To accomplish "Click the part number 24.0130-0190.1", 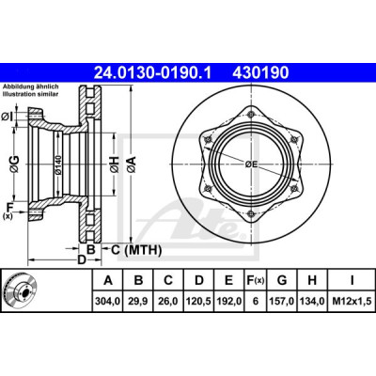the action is point(153,73).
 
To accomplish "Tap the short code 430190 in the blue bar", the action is point(260,73).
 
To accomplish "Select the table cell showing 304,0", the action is point(108,302).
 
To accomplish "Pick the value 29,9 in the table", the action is point(138,302).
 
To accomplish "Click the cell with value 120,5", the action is point(199,302).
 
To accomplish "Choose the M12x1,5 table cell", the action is point(352,302).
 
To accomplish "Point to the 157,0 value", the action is point(282,302).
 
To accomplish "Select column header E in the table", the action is point(229,280).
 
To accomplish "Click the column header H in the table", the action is point(312,280).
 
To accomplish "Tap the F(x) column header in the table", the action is point(255,280).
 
